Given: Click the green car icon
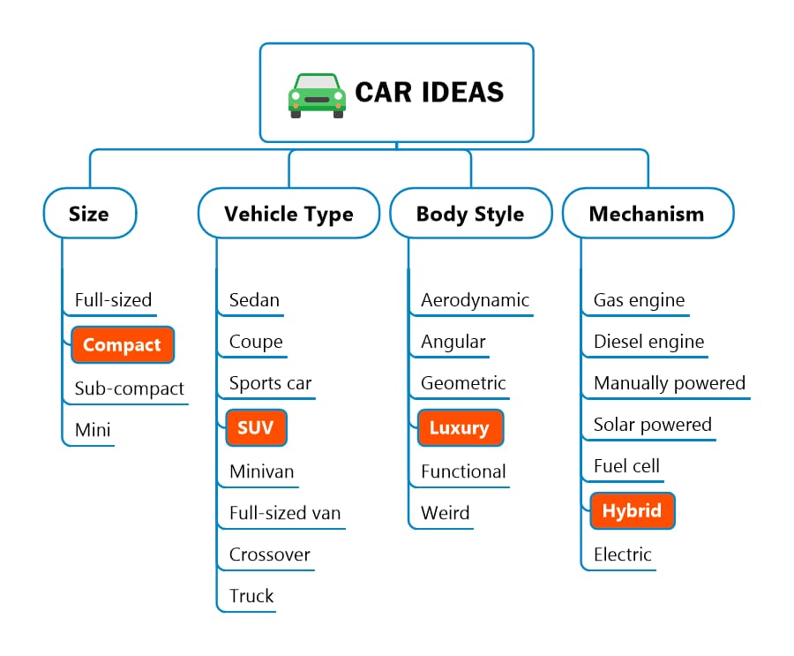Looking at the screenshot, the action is click(317, 96).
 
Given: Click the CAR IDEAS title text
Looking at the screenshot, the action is click(430, 93).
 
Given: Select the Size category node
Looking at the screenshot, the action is click(90, 214).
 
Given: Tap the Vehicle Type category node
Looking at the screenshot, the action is click(288, 214).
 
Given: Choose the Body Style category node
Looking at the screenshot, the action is click(470, 214).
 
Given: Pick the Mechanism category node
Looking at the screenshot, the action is click(648, 214).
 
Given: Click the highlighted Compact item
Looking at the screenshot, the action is click(123, 344).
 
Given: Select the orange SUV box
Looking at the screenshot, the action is click(256, 427).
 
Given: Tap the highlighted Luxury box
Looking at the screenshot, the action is click(461, 427).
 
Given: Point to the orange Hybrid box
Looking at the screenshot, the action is click(633, 510).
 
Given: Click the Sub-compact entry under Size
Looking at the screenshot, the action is click(129, 388).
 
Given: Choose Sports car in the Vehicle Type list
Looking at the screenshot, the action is click(271, 383).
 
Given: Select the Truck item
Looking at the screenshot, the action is click(251, 596).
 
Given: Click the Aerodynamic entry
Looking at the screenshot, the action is click(475, 300).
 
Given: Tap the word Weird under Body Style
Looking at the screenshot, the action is click(446, 513).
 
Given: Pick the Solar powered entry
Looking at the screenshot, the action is click(653, 425).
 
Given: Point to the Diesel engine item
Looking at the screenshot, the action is click(648, 342).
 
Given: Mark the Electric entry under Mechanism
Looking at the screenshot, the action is click(622, 554).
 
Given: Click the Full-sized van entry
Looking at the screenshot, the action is click(285, 513).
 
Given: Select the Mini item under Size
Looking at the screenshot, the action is click(93, 430).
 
